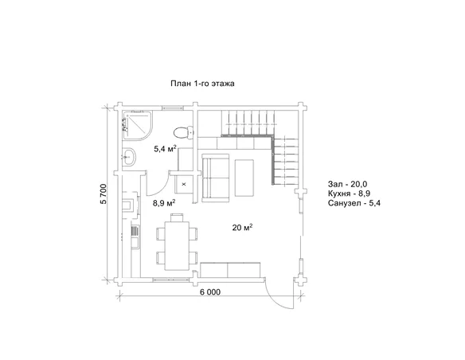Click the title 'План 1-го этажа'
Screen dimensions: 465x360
(x=202, y=84)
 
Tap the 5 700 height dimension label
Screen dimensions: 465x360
(x=104, y=194)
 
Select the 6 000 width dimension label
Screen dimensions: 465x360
(x=210, y=292)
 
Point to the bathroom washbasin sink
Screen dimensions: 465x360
(x=129, y=156)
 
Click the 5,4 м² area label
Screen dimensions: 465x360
(x=165, y=149)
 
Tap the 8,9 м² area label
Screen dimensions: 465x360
(x=164, y=203)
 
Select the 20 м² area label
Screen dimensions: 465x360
(x=243, y=228)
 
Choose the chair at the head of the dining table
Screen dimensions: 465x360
(x=177, y=217)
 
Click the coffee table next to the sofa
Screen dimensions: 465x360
(x=244, y=178)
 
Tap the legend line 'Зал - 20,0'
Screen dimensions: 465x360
(x=348, y=184)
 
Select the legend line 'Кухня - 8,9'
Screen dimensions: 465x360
(x=349, y=194)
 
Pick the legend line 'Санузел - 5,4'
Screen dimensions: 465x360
(x=354, y=203)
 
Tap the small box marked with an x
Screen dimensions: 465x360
(x=184, y=184)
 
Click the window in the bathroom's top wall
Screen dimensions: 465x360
(x=174, y=108)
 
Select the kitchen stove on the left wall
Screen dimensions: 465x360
(x=130, y=205)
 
